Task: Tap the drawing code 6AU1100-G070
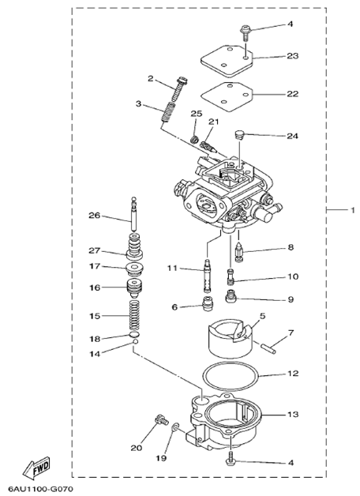pos(41,489)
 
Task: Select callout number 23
pos(292,55)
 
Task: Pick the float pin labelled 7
pos(268,348)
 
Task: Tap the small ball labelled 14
pos(135,342)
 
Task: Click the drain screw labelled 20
pos(161,420)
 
